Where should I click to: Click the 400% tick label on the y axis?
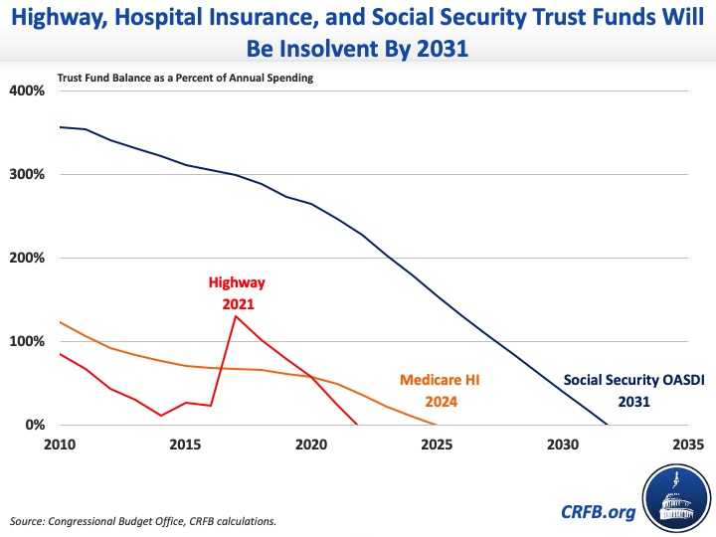click(x=27, y=90)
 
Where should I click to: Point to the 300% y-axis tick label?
click(x=27, y=174)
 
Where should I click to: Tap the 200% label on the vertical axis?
click(x=27, y=258)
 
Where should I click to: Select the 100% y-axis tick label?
click(x=27, y=341)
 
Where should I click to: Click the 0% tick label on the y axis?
click(x=33, y=425)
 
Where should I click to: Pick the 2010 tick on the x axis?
click(x=60, y=443)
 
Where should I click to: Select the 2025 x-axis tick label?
click(x=436, y=443)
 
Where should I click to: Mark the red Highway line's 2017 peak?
click(x=236, y=316)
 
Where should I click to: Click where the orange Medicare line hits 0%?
click(x=436, y=425)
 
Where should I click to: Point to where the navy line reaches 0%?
click(x=608, y=425)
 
